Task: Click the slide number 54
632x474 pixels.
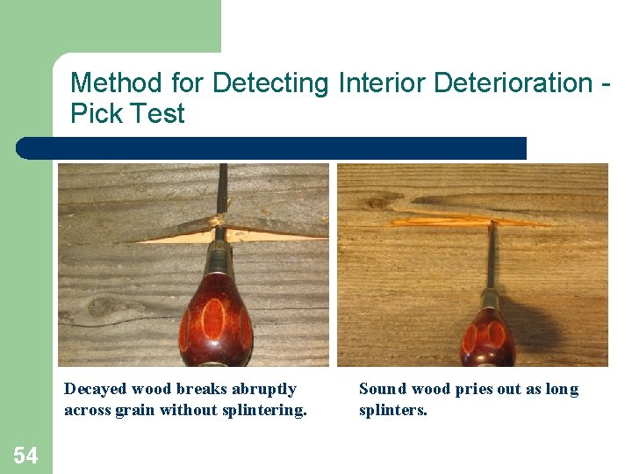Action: tap(25, 455)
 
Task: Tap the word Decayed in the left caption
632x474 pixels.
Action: tap(95, 390)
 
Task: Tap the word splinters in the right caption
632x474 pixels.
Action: tap(392, 410)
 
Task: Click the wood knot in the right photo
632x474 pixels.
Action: tap(377, 204)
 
